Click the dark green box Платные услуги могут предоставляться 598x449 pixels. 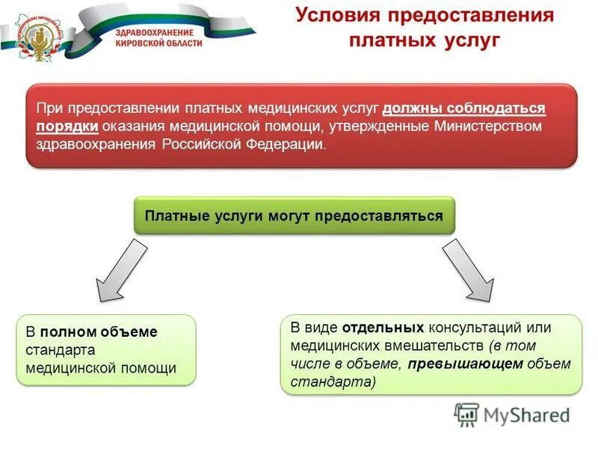294,216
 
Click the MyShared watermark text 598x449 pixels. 526,415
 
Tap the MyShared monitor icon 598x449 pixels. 466,414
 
